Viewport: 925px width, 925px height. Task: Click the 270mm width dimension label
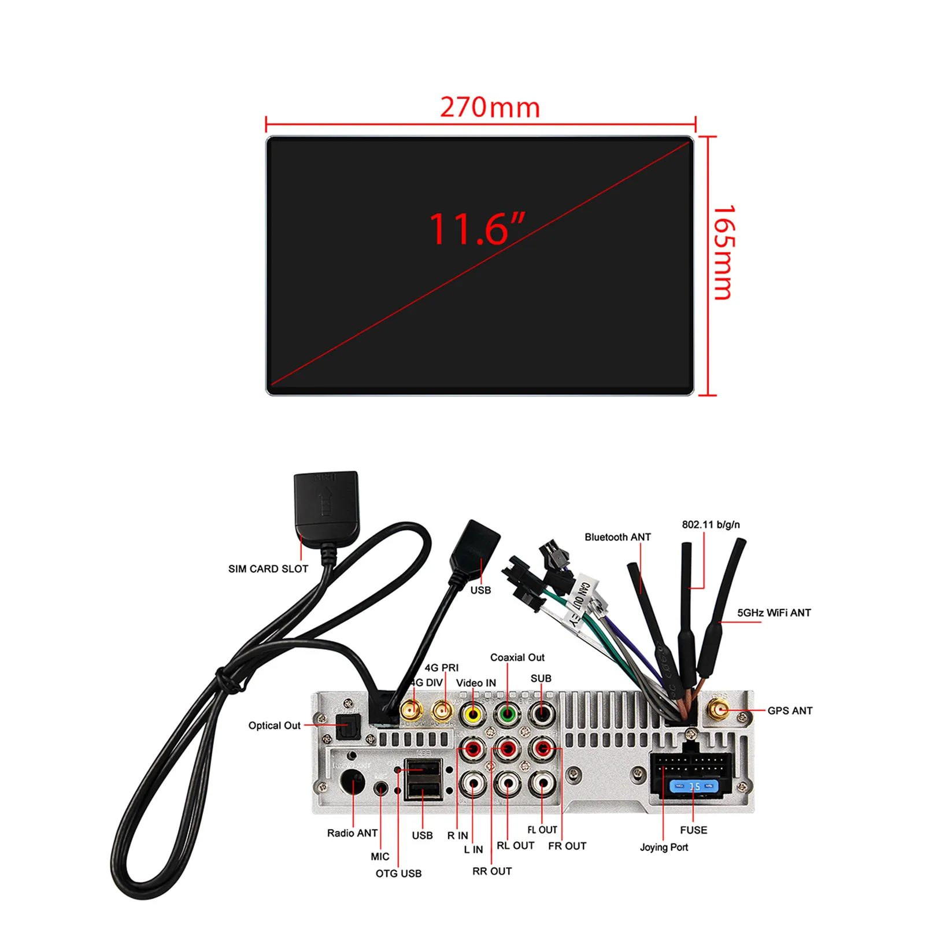[490, 108]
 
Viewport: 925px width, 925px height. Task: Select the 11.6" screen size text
[476, 229]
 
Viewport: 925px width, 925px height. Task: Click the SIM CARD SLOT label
[268, 569]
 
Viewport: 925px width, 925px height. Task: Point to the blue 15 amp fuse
[693, 786]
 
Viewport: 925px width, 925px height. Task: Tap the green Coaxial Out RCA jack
[508, 715]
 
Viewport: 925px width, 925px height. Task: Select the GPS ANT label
[790, 711]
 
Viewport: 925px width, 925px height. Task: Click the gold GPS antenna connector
[720, 710]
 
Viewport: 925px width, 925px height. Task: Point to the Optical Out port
[348, 727]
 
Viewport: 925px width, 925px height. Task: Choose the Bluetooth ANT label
[617, 537]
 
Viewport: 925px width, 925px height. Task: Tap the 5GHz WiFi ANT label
[774, 613]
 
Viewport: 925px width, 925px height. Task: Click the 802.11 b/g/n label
[711, 524]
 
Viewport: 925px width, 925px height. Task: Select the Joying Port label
[664, 847]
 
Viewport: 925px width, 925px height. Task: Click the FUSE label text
[693, 830]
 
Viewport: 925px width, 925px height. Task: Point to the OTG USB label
[398, 873]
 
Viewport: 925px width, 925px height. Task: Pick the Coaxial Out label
[517, 657]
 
